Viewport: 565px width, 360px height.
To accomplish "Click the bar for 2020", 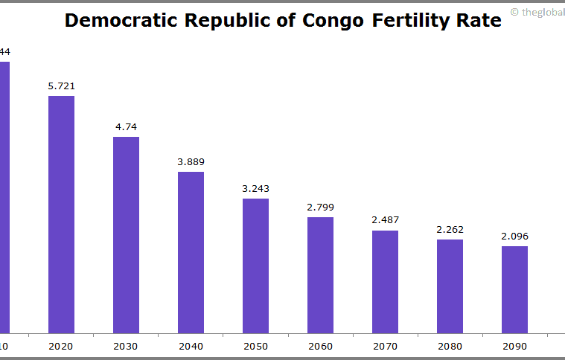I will click(61, 213).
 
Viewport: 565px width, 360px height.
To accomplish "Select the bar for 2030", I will click(126, 234).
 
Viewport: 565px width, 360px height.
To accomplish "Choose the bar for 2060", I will click(320, 274).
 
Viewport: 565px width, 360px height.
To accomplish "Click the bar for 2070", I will click(385, 281).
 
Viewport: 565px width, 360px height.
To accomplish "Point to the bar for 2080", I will click(450, 286).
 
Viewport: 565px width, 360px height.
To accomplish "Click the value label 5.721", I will click(61, 86).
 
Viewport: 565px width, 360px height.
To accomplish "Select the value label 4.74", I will click(126, 127).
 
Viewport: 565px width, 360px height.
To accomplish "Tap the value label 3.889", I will click(191, 162).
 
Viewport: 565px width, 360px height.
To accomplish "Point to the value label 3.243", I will click(255, 189).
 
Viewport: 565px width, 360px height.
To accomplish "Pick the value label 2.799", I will click(320, 208).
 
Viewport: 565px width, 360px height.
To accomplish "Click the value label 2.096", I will click(514, 237).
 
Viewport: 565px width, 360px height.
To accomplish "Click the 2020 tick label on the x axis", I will click(61, 347).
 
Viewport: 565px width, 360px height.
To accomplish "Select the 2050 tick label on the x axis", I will click(255, 347).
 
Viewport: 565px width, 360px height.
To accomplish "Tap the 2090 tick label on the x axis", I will click(514, 347).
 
